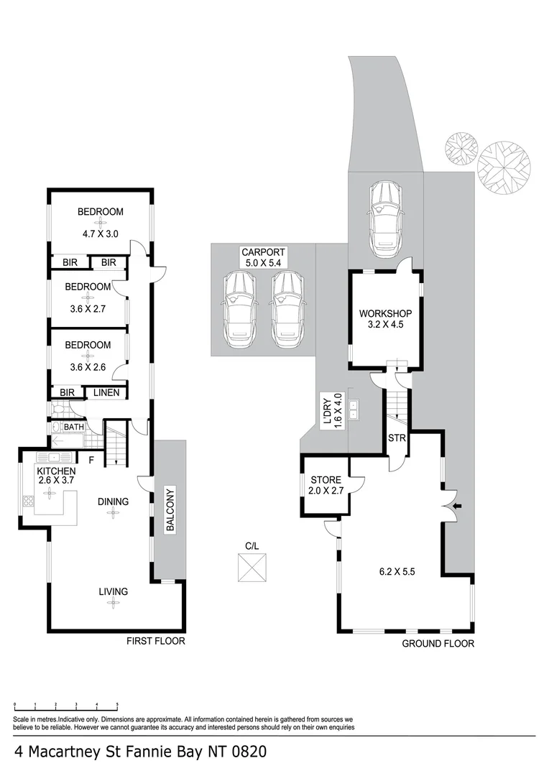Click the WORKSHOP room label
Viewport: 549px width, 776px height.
pos(385,314)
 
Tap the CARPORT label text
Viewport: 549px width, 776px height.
pos(263,252)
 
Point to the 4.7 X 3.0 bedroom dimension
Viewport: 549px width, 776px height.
pos(100,234)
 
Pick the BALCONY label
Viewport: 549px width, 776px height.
pos(170,510)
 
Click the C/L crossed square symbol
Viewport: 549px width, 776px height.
pos(252,568)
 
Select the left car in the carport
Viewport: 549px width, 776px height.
pos(239,311)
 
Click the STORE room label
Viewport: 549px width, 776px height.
pos(325,481)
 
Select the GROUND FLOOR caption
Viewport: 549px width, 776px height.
pos(438,644)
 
